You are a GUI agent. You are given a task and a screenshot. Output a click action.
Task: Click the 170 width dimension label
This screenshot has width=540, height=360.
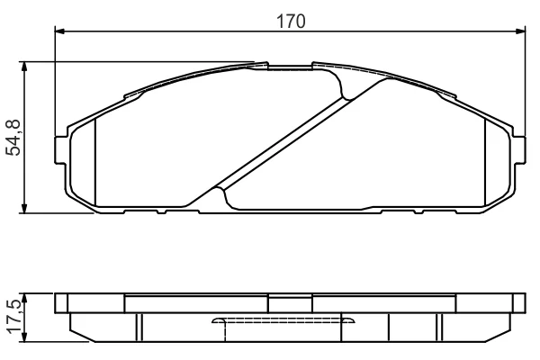pyautogui.click(x=291, y=22)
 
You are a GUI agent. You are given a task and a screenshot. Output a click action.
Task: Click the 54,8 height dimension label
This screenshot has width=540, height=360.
pyautogui.click(x=14, y=138)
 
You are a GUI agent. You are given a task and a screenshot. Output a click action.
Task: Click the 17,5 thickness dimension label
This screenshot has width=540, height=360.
pyautogui.click(x=16, y=316)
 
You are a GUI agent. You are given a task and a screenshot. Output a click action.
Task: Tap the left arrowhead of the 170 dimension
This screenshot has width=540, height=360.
pyautogui.click(x=59, y=31)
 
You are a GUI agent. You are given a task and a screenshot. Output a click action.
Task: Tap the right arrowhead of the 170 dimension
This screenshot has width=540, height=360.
pyautogui.click(x=520, y=31)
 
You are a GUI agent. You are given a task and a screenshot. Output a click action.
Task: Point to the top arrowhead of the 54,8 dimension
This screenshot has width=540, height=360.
pyautogui.click(x=24, y=67)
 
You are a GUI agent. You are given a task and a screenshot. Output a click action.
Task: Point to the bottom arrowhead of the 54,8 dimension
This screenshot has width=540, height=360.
pyautogui.click(x=24, y=208)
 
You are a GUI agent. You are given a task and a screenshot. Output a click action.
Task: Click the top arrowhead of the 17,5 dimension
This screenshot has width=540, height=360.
pyautogui.click(x=24, y=298)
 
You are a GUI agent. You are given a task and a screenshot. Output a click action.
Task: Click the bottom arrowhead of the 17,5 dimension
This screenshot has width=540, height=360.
pyautogui.click(x=24, y=337)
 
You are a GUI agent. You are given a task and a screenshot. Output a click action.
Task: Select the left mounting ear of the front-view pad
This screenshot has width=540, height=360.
pyautogui.click(x=60, y=150)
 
